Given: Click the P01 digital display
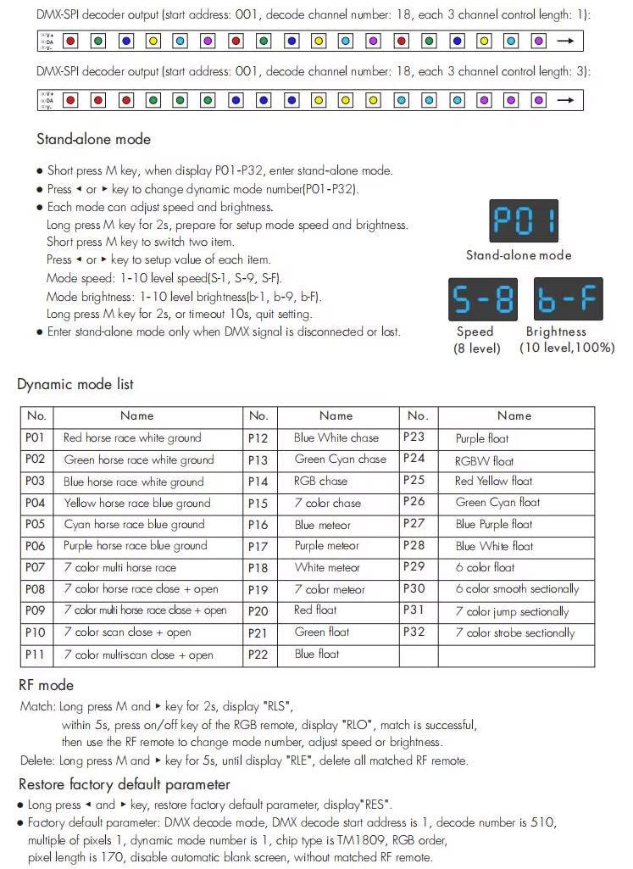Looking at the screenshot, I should point(525,221).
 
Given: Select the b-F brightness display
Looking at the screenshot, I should point(568,298).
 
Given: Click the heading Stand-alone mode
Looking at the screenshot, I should point(93,140).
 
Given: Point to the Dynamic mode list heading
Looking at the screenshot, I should point(75,384).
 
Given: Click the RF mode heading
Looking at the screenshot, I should point(46,685).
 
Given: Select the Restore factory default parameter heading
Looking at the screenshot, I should point(124,784).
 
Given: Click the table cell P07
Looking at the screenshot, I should point(36,567).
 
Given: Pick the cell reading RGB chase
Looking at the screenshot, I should point(321,481).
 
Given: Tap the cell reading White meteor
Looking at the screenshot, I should point(327,567).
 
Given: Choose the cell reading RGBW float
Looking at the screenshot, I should point(485,460).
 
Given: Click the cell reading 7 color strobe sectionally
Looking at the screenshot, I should point(515,632).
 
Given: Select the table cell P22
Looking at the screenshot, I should point(258,654).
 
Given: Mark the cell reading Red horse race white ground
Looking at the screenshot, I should point(132,437).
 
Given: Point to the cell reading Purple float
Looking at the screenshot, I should point(482,438).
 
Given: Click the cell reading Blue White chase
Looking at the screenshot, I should point(336,437).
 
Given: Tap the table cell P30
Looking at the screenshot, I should point(414,588).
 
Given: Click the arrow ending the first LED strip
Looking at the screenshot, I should point(565,41).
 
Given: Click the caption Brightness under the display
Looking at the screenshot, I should point(556,331).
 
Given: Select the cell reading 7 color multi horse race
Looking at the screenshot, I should point(120,567).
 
